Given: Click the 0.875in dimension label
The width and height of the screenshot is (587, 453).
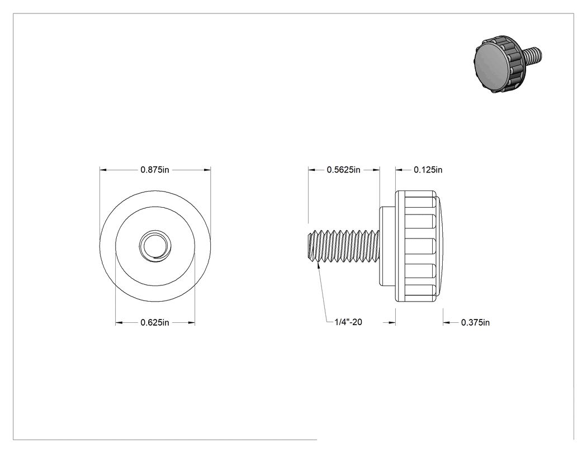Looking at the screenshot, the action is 155,170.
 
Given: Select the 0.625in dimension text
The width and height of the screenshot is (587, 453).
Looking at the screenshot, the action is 155,322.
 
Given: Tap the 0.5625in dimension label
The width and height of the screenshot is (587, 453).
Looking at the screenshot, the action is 343,170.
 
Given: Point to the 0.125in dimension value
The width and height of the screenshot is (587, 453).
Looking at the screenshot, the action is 428,170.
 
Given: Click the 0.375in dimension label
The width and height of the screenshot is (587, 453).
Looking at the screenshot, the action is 475,322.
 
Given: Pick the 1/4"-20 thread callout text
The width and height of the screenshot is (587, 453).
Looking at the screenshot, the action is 348,322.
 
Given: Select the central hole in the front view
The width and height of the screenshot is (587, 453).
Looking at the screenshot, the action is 155,246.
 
